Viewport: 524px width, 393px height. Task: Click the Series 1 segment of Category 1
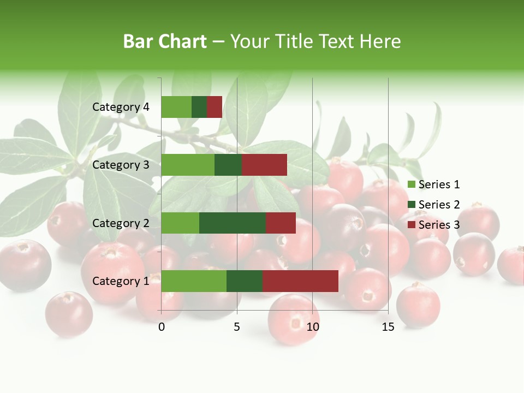(194, 281)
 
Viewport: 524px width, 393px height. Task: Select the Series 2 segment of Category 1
(245, 281)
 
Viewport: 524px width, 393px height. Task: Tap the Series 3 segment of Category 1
(300, 281)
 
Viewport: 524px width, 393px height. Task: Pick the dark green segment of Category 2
(233, 223)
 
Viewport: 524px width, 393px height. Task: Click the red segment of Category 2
(281, 223)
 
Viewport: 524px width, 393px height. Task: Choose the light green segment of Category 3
(188, 165)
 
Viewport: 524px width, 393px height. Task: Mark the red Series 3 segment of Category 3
(264, 165)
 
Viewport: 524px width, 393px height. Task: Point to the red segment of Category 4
(215, 107)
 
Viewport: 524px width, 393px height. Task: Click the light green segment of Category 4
(176, 107)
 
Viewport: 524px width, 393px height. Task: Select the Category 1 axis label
(121, 281)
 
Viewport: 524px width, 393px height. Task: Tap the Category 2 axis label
(121, 223)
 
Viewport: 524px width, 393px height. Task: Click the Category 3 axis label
(121, 165)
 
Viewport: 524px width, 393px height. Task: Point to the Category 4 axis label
(121, 107)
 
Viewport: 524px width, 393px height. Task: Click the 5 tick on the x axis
(237, 327)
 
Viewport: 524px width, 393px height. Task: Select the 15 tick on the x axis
(388, 327)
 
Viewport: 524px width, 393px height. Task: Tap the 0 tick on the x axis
(162, 327)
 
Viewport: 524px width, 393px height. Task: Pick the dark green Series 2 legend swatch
(412, 205)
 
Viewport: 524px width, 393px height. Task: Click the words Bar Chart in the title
(165, 41)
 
